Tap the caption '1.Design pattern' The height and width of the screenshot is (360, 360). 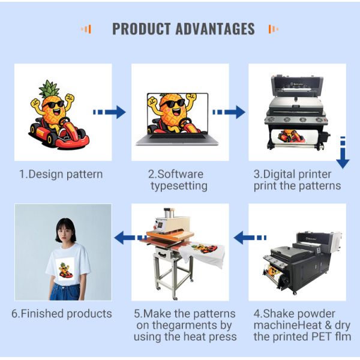click(x=61, y=175)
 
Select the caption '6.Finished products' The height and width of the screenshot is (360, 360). click(x=61, y=314)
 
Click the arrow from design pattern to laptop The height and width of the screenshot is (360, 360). click(x=109, y=112)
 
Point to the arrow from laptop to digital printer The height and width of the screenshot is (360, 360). click(x=229, y=112)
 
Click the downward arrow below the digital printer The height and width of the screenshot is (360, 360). click(x=343, y=153)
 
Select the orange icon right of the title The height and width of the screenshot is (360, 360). click(x=273, y=29)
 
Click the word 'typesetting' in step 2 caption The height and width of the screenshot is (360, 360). click(x=179, y=186)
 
